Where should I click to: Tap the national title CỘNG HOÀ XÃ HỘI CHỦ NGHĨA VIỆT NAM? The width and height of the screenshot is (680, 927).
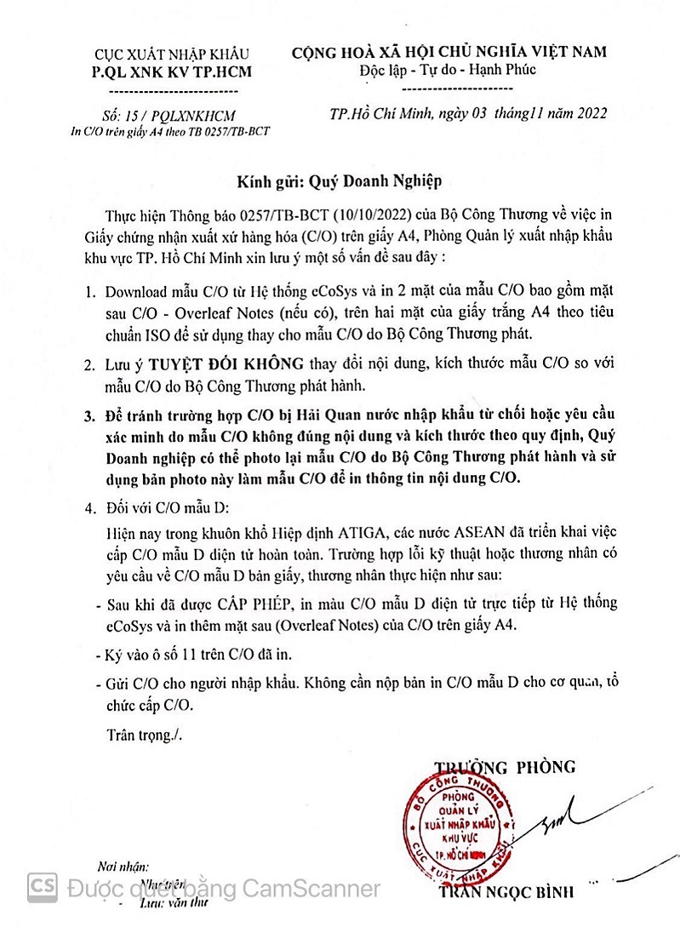point(449,52)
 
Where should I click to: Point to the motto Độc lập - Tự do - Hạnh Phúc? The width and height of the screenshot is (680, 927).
point(448,70)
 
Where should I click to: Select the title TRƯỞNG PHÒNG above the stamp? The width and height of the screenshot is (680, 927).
point(505,766)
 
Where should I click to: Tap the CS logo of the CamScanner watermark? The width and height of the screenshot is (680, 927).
point(43,888)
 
